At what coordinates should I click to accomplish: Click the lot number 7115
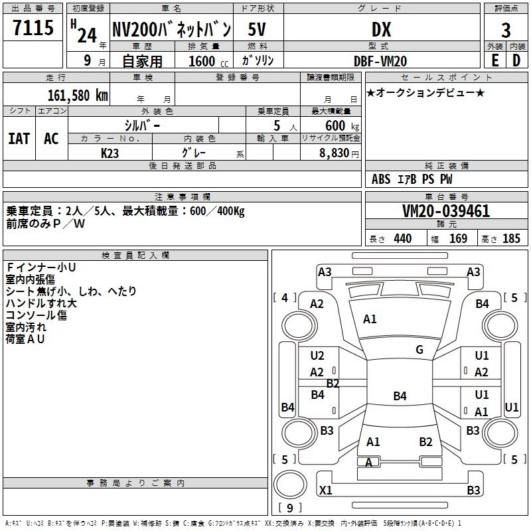click(x=33, y=29)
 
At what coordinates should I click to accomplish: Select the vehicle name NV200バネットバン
click(x=171, y=29)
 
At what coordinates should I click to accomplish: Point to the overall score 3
click(x=506, y=31)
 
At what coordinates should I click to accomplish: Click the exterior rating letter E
click(x=494, y=60)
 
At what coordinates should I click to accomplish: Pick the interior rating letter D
click(x=516, y=60)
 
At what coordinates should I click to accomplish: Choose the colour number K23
click(x=111, y=153)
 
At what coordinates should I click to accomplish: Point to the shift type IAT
click(x=19, y=139)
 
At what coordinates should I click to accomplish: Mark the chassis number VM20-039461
click(x=446, y=212)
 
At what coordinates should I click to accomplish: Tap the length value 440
click(x=402, y=239)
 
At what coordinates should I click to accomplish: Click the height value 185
click(x=511, y=239)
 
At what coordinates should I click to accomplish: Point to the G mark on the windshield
click(x=419, y=350)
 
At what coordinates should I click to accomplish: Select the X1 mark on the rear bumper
click(x=325, y=491)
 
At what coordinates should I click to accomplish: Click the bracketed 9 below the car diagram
click(x=289, y=508)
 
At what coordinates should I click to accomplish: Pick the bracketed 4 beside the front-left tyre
click(x=285, y=298)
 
